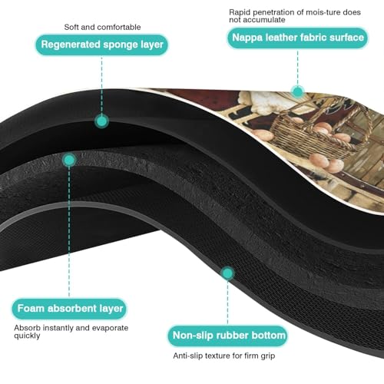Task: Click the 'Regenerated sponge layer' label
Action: point(101,45)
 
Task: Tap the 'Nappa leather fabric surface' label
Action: point(298,38)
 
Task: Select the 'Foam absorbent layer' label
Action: point(69,309)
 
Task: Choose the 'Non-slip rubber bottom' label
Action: point(228,336)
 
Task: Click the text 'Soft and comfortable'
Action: point(102,27)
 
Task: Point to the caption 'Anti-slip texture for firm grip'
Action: point(224,356)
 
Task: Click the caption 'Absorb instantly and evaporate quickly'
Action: point(71,332)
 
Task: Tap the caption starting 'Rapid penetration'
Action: point(295,16)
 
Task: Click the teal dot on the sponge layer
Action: point(101,121)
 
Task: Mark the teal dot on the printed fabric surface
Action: point(297,91)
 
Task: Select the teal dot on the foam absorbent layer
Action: point(69,161)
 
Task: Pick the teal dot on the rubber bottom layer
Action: point(227,273)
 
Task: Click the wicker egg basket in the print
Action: point(321,133)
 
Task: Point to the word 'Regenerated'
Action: point(71,45)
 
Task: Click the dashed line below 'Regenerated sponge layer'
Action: point(101,85)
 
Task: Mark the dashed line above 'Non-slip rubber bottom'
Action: point(227,303)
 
